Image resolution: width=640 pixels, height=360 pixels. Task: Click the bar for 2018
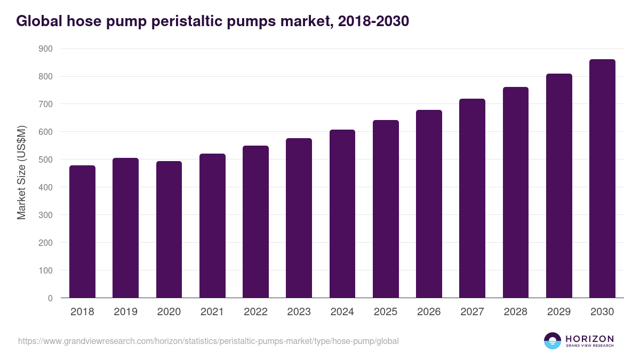point(83,232)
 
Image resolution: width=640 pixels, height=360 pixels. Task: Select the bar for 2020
point(169,230)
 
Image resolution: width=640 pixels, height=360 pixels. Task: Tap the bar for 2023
point(299,218)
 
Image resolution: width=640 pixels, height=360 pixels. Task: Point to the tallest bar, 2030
point(602,179)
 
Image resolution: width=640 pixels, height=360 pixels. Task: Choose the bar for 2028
point(516,193)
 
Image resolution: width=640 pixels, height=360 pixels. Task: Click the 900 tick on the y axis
point(46,49)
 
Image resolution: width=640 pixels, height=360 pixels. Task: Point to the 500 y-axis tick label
point(46,159)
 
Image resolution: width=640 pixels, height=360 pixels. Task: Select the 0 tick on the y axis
point(50,298)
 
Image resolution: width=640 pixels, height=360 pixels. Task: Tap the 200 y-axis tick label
point(46,243)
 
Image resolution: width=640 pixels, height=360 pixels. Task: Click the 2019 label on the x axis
point(126,312)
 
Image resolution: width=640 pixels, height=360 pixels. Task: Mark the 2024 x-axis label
point(342,312)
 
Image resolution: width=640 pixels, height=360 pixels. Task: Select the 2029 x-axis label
point(559,312)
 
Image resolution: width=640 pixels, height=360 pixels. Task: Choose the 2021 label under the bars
point(212,312)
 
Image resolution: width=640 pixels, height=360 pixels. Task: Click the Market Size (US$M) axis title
point(21,173)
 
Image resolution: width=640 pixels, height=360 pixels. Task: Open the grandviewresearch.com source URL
point(209,341)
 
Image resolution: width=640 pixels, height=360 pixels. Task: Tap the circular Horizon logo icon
point(553,341)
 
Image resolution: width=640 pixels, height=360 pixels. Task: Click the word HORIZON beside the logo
point(589,338)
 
